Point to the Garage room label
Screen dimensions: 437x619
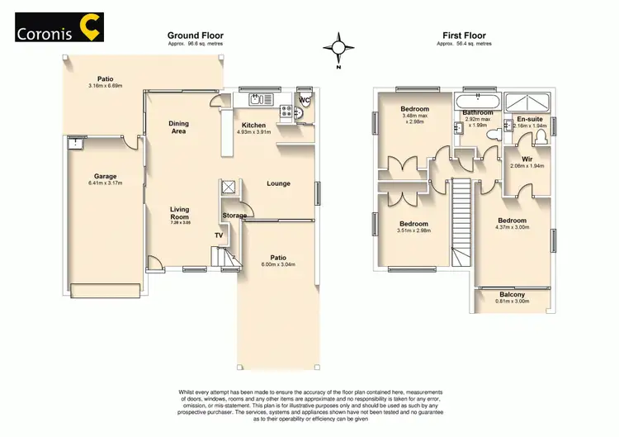point(105,176)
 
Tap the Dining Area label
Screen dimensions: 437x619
point(178,127)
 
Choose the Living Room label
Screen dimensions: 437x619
point(179,213)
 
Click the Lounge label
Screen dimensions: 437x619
point(279,183)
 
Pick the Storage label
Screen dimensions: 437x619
point(234,216)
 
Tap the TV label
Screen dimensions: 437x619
point(219,235)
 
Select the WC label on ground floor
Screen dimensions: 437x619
point(305,100)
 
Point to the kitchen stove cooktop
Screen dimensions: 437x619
point(286,111)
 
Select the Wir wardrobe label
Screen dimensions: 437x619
point(526,159)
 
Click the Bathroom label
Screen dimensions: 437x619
point(478,112)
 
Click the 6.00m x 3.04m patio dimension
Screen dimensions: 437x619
point(278,264)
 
